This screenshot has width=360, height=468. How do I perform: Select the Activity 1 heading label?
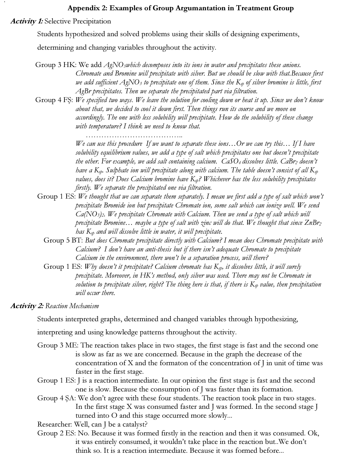point(27,21)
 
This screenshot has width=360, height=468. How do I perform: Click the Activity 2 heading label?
point(27,306)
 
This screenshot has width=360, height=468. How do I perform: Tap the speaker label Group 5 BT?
point(63,240)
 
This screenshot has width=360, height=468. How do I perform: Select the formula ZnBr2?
point(313,223)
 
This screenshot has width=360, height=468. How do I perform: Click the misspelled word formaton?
point(170,363)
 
